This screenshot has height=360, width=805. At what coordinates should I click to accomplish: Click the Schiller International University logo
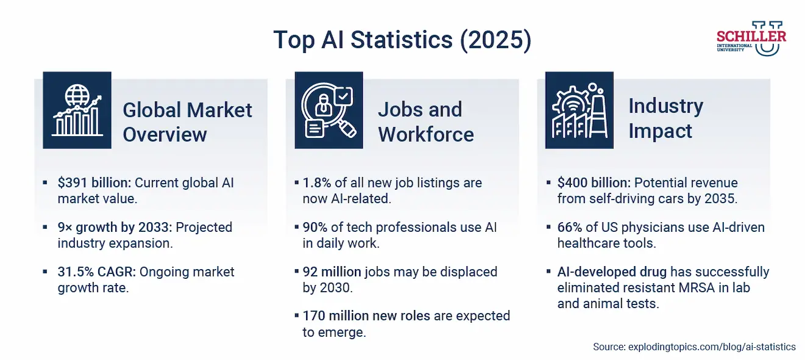tap(751, 38)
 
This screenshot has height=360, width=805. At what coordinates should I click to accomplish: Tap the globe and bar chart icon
tap(77, 110)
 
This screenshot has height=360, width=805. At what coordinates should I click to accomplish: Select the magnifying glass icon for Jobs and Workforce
tap(329, 110)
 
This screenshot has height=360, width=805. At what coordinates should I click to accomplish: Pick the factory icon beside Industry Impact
tap(579, 110)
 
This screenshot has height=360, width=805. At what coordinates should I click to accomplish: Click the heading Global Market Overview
tap(187, 122)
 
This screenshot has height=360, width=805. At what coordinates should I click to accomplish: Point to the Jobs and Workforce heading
tap(426, 122)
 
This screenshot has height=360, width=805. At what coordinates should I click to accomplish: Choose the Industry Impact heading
tap(665, 118)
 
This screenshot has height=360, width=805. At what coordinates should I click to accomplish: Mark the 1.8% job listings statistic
tap(315, 183)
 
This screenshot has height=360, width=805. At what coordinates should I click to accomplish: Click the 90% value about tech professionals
tap(315, 227)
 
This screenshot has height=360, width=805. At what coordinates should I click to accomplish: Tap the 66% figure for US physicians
tap(570, 227)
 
